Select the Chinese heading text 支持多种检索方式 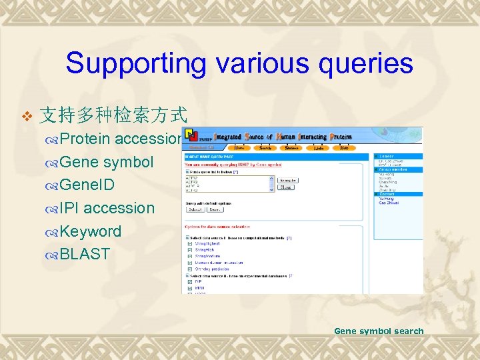[x=112, y=115]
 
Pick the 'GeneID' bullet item [x=87, y=185]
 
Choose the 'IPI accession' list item [x=106, y=208]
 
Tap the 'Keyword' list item [x=90, y=231]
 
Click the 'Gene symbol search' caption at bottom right [x=379, y=331]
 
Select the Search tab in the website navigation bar [x=265, y=147]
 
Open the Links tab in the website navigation [x=316, y=147]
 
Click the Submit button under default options [x=195, y=209]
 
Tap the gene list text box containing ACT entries [x=229, y=184]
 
